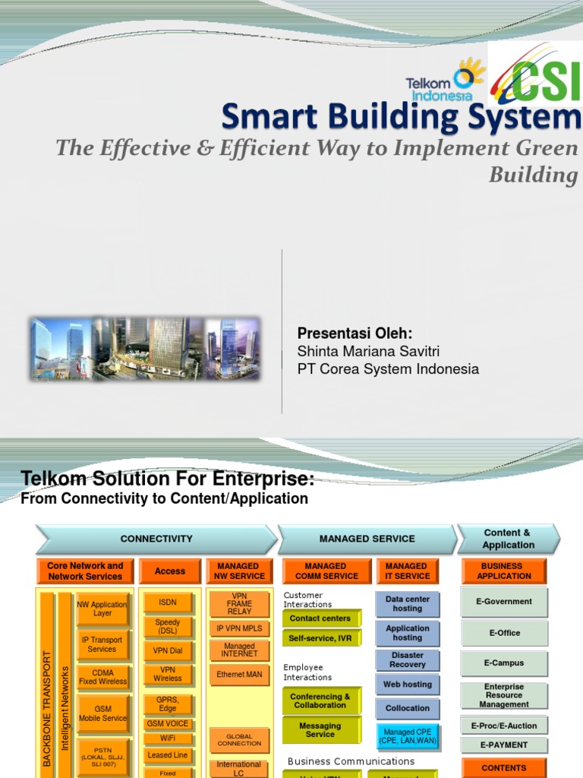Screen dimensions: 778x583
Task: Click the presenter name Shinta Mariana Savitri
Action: pyautogui.click(x=368, y=351)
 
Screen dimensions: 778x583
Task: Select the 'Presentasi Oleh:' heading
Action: pyautogui.click(x=355, y=333)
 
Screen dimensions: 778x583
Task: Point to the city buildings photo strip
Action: pyautogui.click(x=145, y=349)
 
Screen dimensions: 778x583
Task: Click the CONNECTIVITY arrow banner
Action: pyautogui.click(x=156, y=539)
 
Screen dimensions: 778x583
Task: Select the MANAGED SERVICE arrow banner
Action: pyautogui.click(x=367, y=539)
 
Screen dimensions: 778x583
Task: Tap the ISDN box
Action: pyautogui.click(x=168, y=602)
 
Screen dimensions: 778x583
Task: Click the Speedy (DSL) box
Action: pyautogui.click(x=168, y=627)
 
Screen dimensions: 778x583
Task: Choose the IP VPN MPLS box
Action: pyautogui.click(x=239, y=628)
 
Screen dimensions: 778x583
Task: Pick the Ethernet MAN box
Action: pyautogui.click(x=239, y=674)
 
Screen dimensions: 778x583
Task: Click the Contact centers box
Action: pyautogui.click(x=320, y=618)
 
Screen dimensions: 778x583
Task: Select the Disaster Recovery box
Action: pyautogui.click(x=408, y=659)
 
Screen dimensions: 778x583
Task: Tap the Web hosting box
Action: pyautogui.click(x=408, y=685)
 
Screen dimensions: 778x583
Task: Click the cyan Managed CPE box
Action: pyautogui.click(x=408, y=735)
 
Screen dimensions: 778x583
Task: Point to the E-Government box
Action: pyautogui.click(x=504, y=602)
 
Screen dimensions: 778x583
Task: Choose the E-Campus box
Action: pyautogui.click(x=504, y=663)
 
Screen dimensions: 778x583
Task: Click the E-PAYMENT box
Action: pyautogui.click(x=504, y=745)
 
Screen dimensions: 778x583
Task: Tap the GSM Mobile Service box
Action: pyautogui.click(x=102, y=713)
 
